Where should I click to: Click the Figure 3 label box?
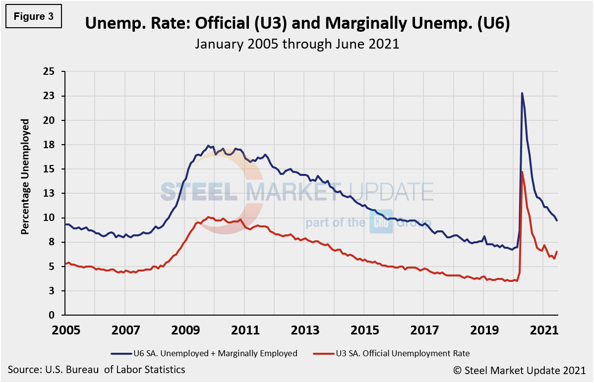coord(34,16)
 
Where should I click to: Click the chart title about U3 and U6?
coord(297,23)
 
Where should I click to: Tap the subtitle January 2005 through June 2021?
coord(297,44)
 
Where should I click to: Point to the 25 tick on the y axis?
coord(53,72)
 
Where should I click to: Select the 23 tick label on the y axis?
coord(53,96)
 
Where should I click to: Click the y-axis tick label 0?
coord(56,315)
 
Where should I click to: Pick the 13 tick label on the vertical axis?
coord(53,193)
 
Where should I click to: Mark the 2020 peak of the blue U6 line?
coord(522,93)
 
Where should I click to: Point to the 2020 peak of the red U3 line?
coord(522,172)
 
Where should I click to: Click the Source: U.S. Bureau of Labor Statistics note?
coord(97,370)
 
